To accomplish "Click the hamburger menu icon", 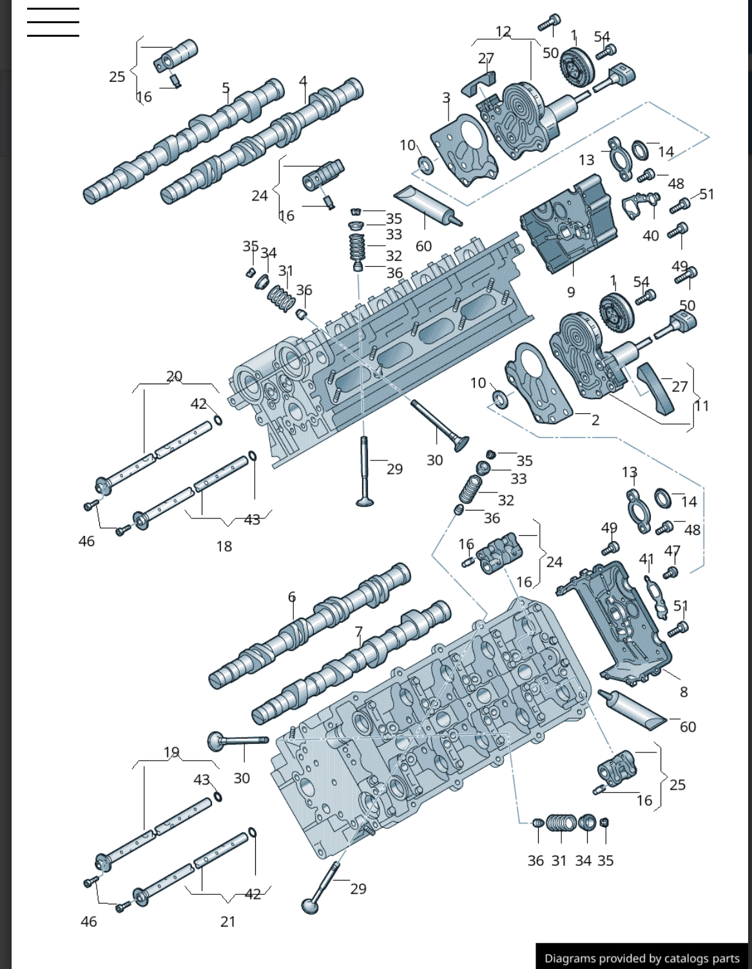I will point(53,23).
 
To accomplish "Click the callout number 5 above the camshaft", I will point(226,88).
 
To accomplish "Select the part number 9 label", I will point(571,292).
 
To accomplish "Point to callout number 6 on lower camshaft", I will point(292,597).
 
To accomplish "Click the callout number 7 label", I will point(359,632).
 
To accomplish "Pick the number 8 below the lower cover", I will point(684,692).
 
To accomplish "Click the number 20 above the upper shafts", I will point(174,376).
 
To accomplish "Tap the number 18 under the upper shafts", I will point(224,546).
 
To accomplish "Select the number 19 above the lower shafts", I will point(171,752).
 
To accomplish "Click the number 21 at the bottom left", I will point(227,921).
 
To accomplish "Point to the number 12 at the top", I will point(503,32).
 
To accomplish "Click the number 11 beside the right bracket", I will point(702,406).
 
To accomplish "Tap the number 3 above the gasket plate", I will point(446,98).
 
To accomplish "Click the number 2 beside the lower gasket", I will point(595,420).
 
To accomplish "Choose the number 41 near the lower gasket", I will point(646,558).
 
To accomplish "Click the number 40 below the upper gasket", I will point(651,236).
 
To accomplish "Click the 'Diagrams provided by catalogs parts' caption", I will point(642,958).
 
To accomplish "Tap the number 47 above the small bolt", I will point(672,551).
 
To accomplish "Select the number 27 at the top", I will point(486,58).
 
